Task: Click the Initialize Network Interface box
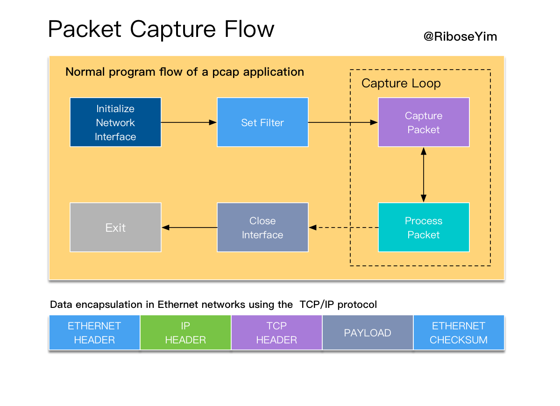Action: point(115,122)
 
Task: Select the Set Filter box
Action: point(262,122)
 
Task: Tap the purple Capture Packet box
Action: point(424,122)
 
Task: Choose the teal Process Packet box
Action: point(424,228)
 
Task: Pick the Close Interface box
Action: point(262,228)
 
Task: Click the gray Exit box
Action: point(115,228)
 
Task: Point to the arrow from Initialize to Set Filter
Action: point(189,122)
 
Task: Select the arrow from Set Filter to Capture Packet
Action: point(343,122)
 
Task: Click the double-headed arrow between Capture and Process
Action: point(424,175)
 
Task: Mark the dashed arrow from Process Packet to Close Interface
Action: point(343,228)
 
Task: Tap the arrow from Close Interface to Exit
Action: point(189,228)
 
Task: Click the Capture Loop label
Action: point(401,84)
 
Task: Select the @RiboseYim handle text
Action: point(460,37)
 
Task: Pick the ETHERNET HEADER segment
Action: point(94,333)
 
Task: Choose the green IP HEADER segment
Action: point(185,333)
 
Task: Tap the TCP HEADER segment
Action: point(276,333)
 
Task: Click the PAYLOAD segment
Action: point(368,333)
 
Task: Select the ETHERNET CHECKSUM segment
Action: point(459,333)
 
